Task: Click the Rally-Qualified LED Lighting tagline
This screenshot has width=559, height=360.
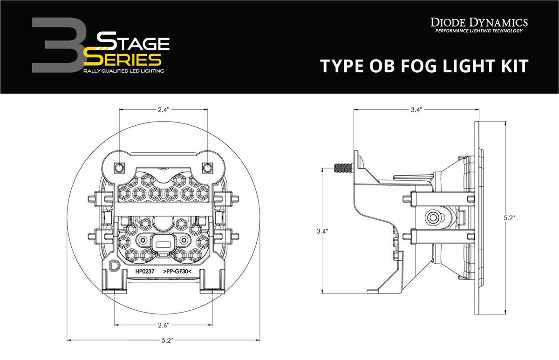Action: [x=123, y=71]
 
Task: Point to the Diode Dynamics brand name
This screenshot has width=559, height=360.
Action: [x=478, y=22]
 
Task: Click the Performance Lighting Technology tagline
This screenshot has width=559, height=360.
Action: [x=478, y=31]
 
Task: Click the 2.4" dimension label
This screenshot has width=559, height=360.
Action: [x=163, y=109]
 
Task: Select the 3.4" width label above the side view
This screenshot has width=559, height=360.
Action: [x=416, y=110]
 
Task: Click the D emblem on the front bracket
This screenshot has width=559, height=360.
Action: [x=113, y=265]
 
